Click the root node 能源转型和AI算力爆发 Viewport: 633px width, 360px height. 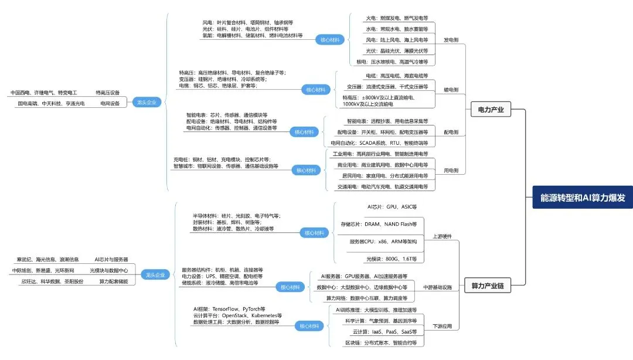coord(583,198)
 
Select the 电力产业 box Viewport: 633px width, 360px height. coord(491,109)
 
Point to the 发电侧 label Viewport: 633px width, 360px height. coord(451,40)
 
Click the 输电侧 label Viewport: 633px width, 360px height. coord(451,90)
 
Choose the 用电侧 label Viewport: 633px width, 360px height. coord(451,171)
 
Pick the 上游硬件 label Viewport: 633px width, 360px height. coord(442,236)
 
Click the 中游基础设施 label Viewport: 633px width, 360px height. coord(438,287)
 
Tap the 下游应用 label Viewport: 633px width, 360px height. coord(442,326)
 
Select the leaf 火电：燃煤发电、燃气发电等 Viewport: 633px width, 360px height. coord(397,19)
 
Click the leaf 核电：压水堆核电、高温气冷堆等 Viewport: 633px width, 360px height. coord(392,62)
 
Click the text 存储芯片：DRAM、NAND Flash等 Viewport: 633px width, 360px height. coord(379,224)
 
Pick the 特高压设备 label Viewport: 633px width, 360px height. coord(107,93)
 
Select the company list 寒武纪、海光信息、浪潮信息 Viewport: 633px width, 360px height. coord(46,259)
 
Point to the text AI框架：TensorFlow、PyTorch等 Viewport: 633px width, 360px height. coord(229,308)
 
